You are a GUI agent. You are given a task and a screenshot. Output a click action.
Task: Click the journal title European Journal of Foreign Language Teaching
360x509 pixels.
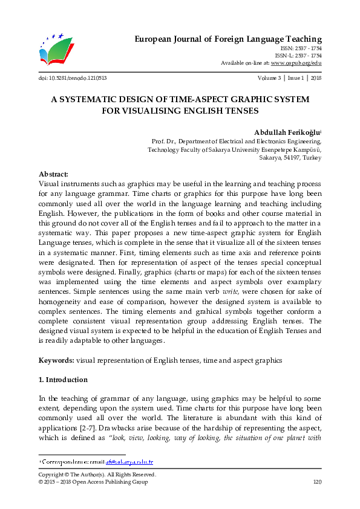tap(227, 39)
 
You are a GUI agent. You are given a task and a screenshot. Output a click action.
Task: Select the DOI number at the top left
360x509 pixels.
tap(73, 78)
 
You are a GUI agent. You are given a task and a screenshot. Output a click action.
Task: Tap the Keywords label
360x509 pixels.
tap(56, 360)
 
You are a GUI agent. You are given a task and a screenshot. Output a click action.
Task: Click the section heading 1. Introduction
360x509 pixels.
tap(63, 380)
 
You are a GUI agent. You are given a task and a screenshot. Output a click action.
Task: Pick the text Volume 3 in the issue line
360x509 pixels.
tap(269, 78)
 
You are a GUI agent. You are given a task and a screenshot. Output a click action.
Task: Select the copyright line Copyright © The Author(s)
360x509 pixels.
tap(97, 475)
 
